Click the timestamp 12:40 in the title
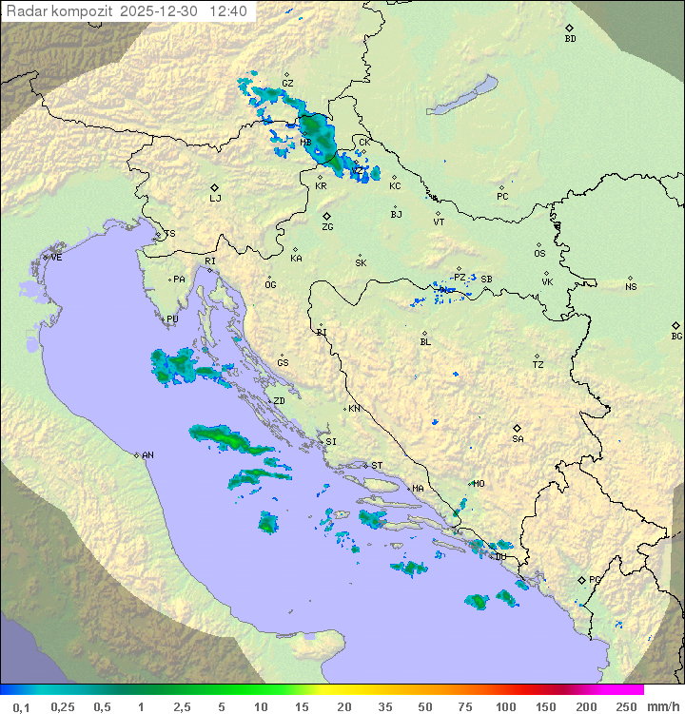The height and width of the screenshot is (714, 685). [228, 11]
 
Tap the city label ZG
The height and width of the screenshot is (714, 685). [327, 227]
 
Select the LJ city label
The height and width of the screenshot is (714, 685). [215, 199]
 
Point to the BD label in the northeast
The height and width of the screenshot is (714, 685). [570, 39]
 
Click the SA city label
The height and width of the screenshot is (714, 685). [518, 439]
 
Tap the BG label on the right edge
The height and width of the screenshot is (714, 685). [676, 337]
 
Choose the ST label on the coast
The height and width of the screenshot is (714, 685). [377, 466]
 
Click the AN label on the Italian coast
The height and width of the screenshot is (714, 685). [147, 455]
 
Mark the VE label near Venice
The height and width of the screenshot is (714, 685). [56, 258]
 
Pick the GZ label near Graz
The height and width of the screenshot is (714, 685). [287, 84]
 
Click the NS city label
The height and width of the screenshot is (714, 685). [631, 287]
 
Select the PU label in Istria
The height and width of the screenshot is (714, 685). [172, 319]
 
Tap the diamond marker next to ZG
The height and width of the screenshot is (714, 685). [326, 216]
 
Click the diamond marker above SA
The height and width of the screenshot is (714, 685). [517, 428]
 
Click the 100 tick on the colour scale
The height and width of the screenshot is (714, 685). [506, 706]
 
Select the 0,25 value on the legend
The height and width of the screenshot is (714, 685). [63, 706]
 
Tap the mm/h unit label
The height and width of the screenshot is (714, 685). [661, 706]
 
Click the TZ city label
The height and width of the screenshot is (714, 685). [538, 365]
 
